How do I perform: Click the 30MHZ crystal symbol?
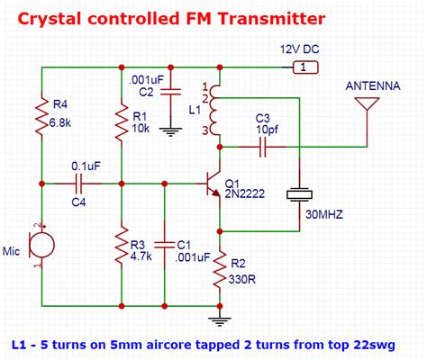coord(298,194)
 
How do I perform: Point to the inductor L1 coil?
coord(217,112)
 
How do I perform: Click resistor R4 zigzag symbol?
coord(41,117)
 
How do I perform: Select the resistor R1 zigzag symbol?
coord(122,124)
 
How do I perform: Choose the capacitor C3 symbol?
coord(262,147)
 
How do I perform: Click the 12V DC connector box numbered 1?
coord(307,67)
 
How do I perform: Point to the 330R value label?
coord(242,277)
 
